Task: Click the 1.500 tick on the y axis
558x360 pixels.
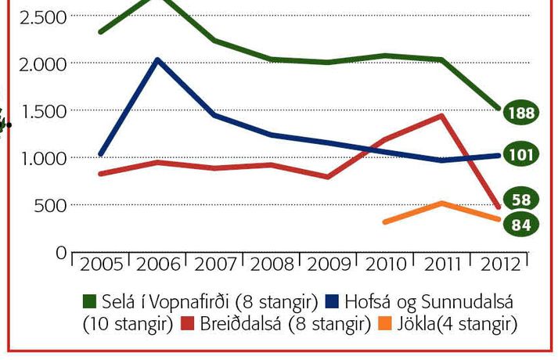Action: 34,110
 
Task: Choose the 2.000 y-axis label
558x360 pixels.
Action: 34,63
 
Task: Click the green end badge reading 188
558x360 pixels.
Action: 520,113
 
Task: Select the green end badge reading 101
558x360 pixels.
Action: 520,153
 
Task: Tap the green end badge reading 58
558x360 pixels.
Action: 521,200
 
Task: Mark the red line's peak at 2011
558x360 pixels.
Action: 443,116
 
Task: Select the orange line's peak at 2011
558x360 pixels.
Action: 442,203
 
